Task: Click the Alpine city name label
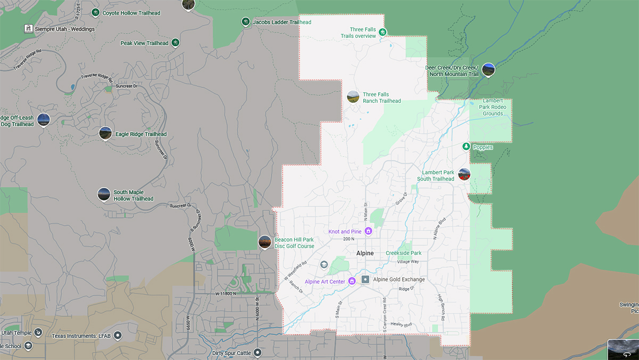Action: pyautogui.click(x=365, y=253)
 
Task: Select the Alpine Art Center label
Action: pyautogui.click(x=324, y=281)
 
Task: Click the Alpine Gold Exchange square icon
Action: pyautogui.click(x=365, y=279)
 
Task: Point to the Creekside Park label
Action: pyautogui.click(x=403, y=253)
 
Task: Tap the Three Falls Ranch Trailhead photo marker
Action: pyautogui.click(x=353, y=97)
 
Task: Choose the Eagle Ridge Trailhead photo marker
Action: pyautogui.click(x=105, y=133)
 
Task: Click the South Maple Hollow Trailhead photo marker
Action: pyautogui.click(x=103, y=194)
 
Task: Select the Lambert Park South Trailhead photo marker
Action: pyautogui.click(x=464, y=174)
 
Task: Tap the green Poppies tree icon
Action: pyautogui.click(x=466, y=146)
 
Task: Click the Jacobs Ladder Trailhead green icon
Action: pyautogui.click(x=245, y=22)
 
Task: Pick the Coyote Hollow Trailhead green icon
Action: pyautogui.click(x=95, y=12)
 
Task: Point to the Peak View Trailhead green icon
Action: pyautogui.click(x=175, y=43)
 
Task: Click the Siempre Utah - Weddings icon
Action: pyautogui.click(x=27, y=28)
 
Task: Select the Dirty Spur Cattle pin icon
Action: pyautogui.click(x=258, y=352)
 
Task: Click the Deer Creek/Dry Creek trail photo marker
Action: pyautogui.click(x=488, y=70)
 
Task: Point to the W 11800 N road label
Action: pyautogui.click(x=225, y=293)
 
